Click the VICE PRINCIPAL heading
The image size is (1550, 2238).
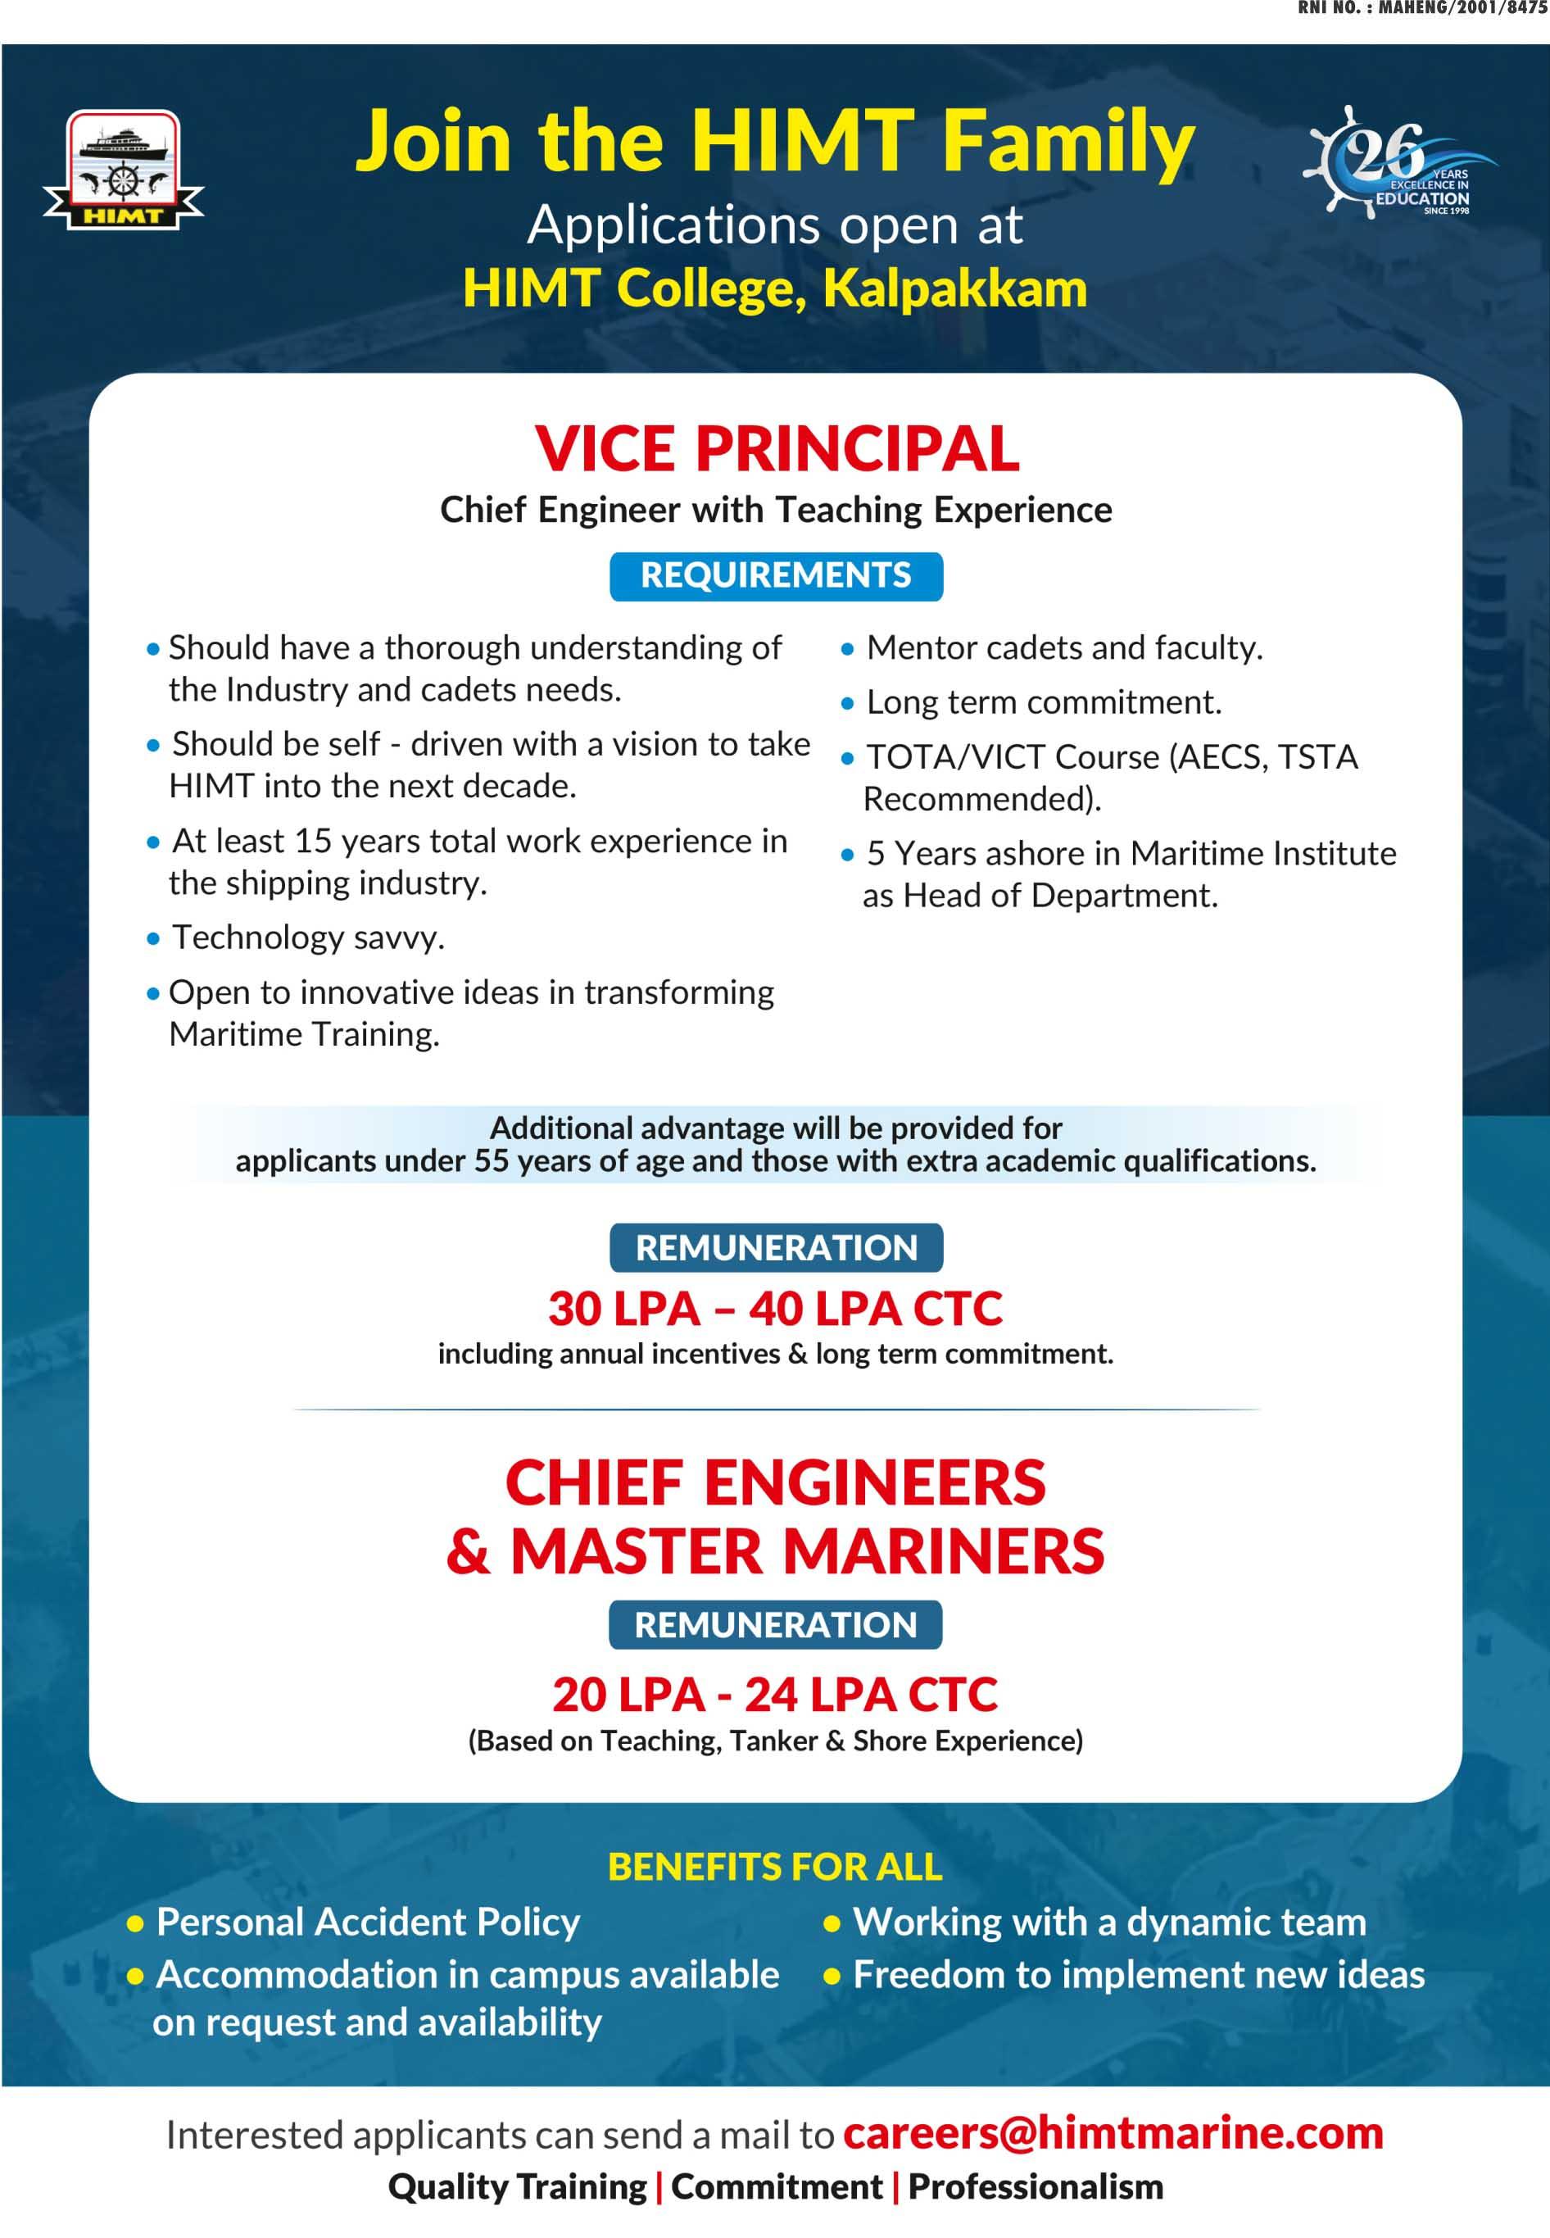(776, 449)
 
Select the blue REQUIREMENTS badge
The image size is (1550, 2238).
(776, 576)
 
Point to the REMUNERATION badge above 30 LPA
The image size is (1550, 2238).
(776, 1247)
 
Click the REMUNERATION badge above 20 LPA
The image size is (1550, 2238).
(775, 1624)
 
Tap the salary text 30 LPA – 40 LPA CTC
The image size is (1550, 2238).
(775, 1309)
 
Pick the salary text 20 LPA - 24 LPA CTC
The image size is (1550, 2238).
(775, 1694)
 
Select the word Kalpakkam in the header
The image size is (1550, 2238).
(954, 288)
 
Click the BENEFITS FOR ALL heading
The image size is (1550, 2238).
(775, 1866)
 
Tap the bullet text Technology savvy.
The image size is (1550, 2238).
(308, 937)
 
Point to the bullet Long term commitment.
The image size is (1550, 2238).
(1043, 702)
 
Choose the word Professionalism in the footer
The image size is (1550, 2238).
(1036, 2186)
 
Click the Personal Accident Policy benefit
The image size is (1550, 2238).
(368, 1922)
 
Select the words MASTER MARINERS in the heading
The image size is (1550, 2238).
(807, 1551)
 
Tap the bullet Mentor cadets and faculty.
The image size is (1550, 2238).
(1064, 648)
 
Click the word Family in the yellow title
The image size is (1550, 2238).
(1068, 141)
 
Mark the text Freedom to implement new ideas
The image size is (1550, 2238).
(1138, 1974)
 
